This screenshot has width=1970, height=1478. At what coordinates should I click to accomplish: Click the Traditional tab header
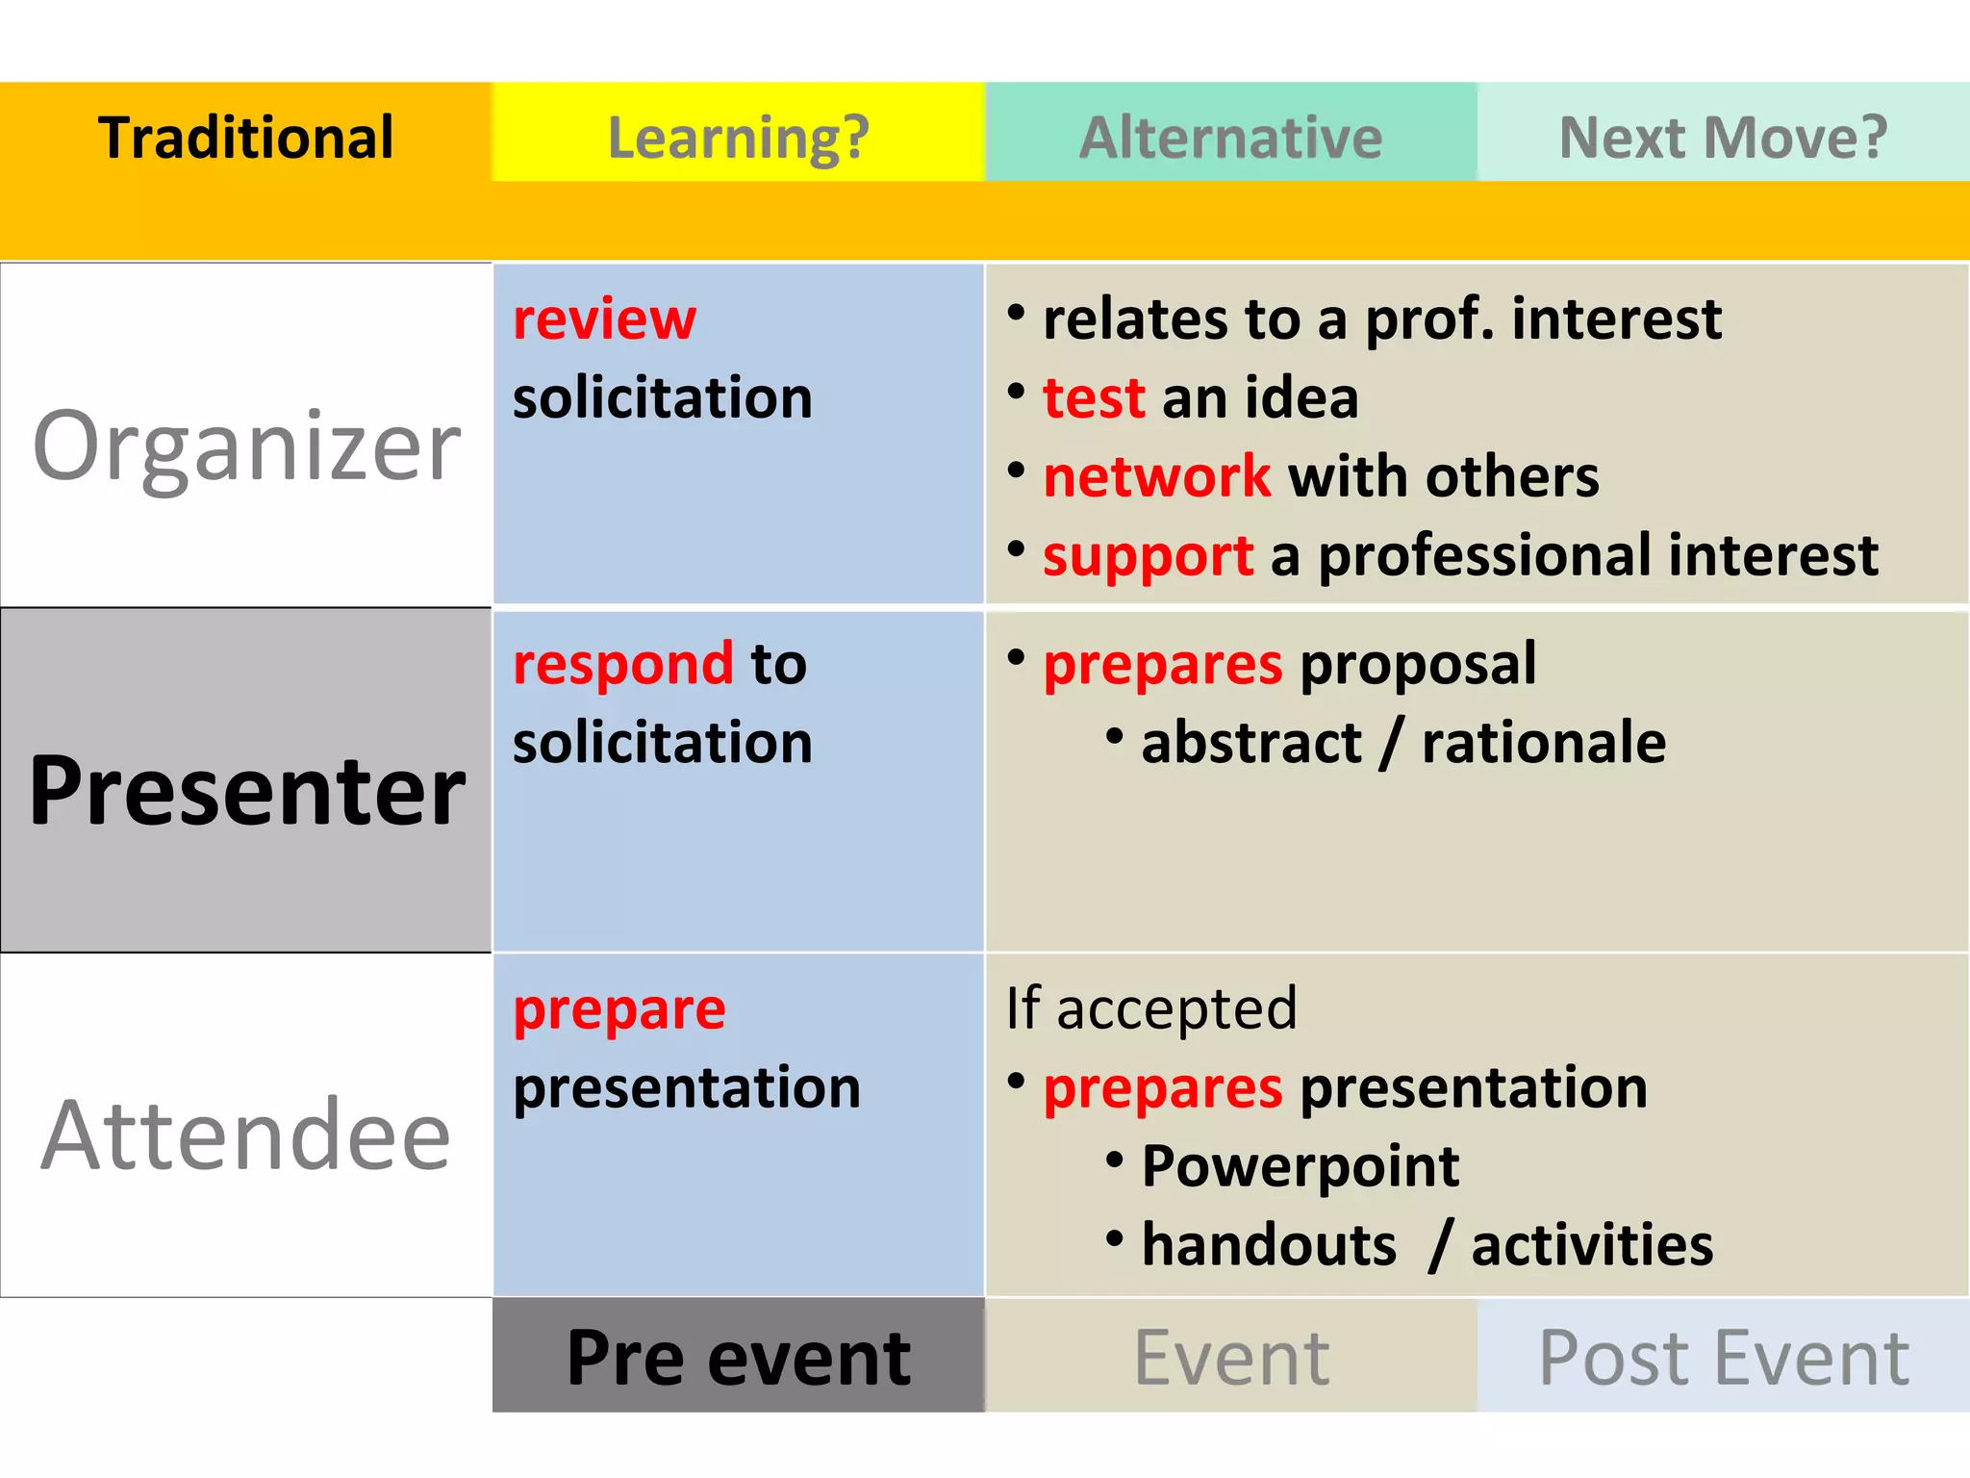tap(245, 137)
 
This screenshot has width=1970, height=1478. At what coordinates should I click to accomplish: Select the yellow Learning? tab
tap(738, 137)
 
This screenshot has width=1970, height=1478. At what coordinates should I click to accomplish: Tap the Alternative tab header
tap(1230, 137)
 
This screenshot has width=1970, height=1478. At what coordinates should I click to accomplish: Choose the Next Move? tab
tap(1723, 137)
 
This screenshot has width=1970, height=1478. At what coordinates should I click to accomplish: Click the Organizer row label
tap(246, 445)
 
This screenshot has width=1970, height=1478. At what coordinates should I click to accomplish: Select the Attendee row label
tap(246, 1135)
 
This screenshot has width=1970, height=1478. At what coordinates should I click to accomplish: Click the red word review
tap(604, 319)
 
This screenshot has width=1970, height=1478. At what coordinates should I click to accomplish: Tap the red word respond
tap(622, 664)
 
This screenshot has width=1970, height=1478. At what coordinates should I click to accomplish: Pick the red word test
tap(1094, 398)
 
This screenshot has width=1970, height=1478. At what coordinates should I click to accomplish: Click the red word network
tap(1156, 477)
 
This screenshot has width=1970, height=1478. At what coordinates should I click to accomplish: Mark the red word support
tap(1148, 556)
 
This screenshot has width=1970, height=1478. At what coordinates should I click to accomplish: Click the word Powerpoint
tap(1300, 1166)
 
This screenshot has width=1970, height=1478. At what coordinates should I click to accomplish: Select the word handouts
tap(1268, 1245)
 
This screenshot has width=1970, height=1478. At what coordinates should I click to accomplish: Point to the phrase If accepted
tap(1151, 1008)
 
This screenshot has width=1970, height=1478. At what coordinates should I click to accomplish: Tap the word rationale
tap(1543, 743)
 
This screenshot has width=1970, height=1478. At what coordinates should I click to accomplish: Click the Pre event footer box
tap(738, 1357)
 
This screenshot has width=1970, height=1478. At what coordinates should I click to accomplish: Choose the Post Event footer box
tap(1723, 1357)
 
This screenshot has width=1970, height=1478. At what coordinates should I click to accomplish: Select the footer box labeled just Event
tap(1230, 1357)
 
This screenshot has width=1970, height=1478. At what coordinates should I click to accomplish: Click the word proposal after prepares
tap(1418, 664)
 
